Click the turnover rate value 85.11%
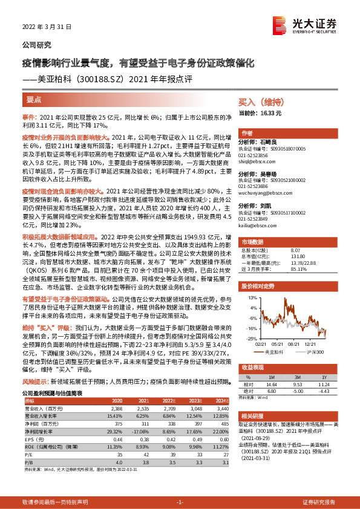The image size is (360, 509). (299, 270)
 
